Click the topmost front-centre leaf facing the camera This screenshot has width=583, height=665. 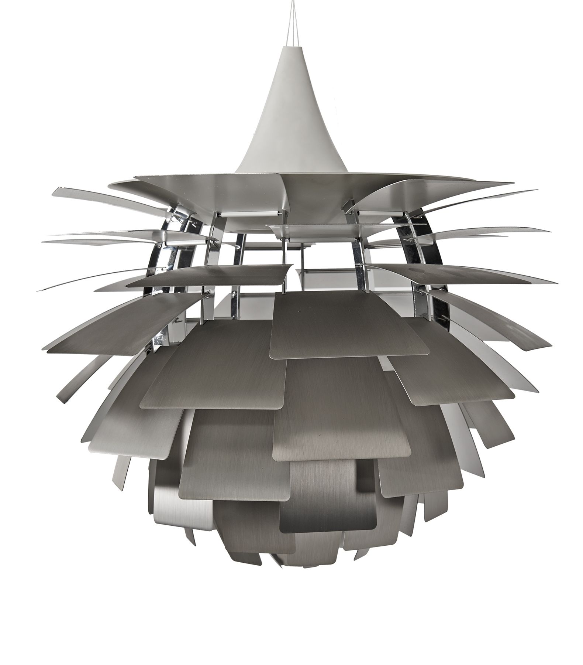(347, 325)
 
